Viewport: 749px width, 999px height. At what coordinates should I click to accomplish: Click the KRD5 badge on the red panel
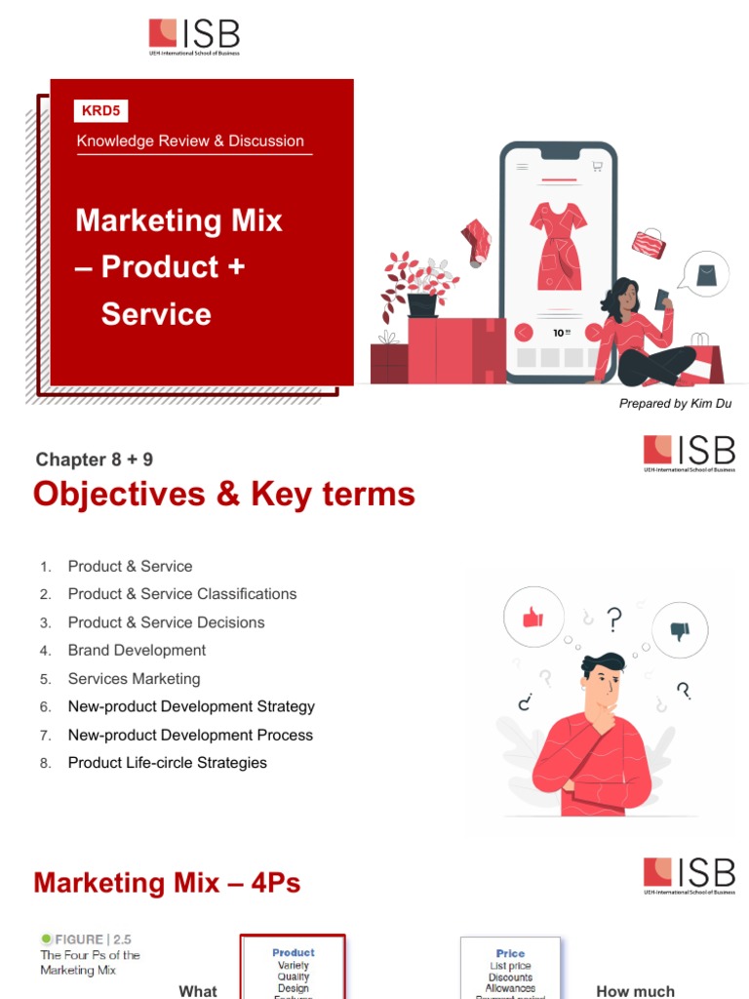101,111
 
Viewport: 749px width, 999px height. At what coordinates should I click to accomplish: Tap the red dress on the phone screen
559,245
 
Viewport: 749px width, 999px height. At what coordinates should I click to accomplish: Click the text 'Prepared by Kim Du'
675,403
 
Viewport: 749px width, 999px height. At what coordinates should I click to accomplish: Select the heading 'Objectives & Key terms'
224,495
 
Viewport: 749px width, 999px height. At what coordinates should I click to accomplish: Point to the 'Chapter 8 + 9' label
95,460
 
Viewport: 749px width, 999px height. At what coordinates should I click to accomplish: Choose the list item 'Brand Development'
137,650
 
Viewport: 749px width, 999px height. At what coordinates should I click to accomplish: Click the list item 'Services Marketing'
134,678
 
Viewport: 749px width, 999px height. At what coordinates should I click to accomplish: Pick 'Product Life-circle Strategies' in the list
167,763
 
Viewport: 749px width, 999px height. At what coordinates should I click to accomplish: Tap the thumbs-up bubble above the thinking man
532,617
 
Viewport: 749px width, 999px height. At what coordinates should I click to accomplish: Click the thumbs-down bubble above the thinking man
681,630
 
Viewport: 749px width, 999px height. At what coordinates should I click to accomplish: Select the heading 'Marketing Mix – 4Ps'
167,883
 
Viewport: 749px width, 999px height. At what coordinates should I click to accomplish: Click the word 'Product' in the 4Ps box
294,952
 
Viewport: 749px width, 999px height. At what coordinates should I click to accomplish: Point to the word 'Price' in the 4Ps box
510,953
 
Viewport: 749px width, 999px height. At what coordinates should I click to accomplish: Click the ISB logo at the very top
194,37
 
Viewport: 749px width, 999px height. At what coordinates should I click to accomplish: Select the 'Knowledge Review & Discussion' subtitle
190,140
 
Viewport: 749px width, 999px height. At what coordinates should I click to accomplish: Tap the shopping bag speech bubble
704,274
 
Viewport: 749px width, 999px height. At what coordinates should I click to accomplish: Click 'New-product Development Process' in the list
190,735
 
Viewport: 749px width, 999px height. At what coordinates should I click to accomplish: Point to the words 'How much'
635,991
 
